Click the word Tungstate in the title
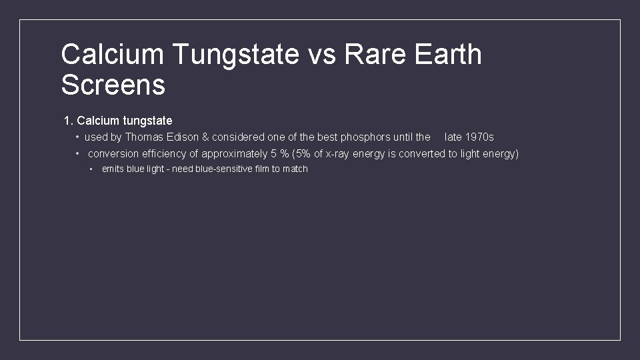pos(235,55)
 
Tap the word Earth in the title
pos(447,55)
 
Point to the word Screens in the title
pos(113,85)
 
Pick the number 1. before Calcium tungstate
pos(68,121)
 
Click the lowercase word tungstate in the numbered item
pos(147,121)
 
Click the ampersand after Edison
pos(205,137)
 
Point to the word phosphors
pos(365,137)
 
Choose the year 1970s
pos(479,137)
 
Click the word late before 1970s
pos(453,137)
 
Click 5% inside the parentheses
pos(303,154)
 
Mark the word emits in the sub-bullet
pos(113,169)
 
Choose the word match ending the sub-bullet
pos(295,169)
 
